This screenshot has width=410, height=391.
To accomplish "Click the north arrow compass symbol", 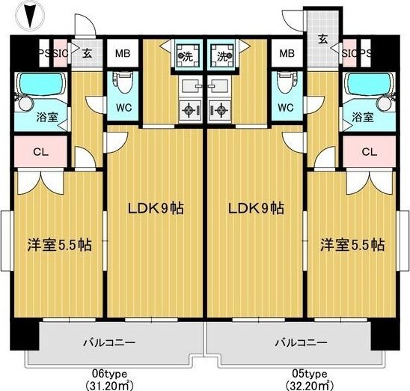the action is pos(30,16).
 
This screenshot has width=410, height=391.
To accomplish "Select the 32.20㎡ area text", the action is pos(310,385).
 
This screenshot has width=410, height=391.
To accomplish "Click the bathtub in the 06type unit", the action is pos(41,82).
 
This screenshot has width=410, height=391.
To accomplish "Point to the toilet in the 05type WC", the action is pos(287,82).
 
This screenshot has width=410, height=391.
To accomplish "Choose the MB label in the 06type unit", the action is pos(123,53).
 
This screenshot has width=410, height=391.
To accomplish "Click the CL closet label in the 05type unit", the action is pos(370,152).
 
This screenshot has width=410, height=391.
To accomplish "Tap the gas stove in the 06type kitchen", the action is pos(190,109).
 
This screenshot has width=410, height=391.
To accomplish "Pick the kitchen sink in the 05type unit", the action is pos(220,86).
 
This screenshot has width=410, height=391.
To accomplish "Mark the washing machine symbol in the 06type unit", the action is pos(189,55).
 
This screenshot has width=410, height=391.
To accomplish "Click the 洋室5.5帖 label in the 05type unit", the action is pos(352,245).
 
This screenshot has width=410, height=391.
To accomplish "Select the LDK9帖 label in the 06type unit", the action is pos(156,208).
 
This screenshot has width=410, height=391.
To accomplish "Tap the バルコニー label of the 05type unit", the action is pos(301,342).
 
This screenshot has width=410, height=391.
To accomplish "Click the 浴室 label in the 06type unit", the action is pos(47,118).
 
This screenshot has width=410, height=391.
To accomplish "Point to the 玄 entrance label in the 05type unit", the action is pos(323,40).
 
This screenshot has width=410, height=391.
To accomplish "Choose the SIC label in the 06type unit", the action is pos(61,53).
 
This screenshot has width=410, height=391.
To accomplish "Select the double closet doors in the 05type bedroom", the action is pos(370,183).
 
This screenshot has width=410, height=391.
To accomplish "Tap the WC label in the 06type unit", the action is pos(123,108).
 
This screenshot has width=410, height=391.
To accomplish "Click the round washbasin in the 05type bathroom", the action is pos(385,103).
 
